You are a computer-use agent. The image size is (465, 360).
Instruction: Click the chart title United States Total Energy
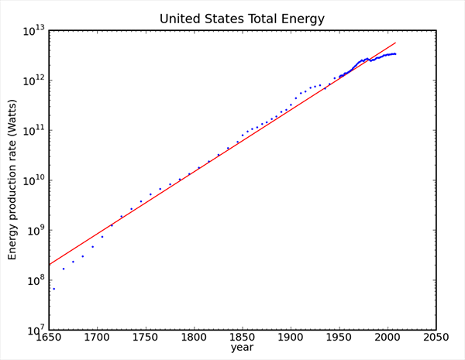coord(242,17)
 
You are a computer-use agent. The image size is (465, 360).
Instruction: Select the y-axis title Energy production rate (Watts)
coord(13,180)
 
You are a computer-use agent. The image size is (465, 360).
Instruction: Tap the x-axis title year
coord(242,348)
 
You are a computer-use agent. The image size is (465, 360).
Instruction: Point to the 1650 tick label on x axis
coord(48,338)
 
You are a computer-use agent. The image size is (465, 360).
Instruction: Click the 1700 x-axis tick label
coord(97,338)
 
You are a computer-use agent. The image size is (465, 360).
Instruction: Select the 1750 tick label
coord(145,338)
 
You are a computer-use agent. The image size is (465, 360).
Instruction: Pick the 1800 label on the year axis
coord(194,338)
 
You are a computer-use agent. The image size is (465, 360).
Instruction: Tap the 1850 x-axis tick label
coord(242,338)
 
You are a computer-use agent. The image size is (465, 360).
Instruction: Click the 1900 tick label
coord(291,338)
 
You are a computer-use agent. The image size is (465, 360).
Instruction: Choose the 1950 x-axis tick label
coord(339,338)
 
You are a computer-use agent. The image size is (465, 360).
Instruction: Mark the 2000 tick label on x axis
coord(387,338)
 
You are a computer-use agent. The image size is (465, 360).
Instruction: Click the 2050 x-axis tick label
coord(436,338)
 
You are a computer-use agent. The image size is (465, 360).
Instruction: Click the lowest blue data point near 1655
coord(53,289)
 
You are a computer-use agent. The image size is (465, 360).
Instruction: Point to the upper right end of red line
coord(395,43)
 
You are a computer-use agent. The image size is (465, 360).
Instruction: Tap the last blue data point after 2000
coord(395,53)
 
